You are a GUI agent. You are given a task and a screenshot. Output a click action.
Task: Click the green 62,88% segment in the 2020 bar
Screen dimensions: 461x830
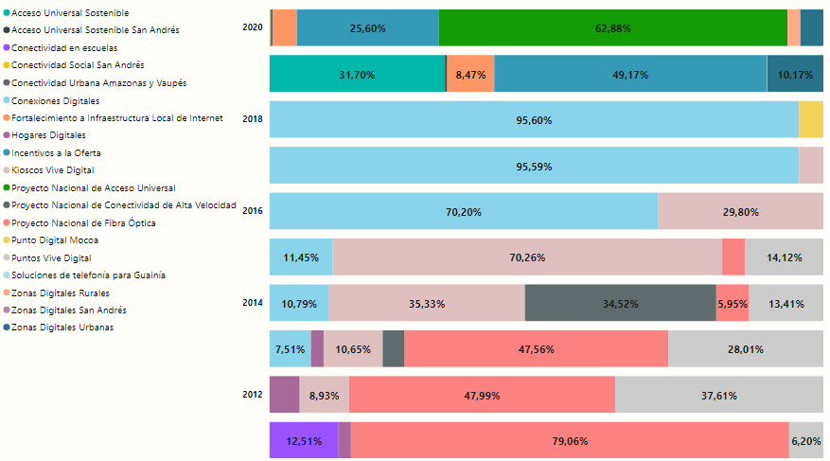612,28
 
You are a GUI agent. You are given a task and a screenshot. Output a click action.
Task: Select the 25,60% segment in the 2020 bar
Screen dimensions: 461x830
367,28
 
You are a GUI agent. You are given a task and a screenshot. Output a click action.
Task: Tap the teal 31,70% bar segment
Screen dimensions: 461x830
357,74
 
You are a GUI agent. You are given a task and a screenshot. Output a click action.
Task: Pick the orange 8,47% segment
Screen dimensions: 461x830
470,74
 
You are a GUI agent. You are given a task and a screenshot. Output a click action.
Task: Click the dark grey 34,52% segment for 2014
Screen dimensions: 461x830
620,304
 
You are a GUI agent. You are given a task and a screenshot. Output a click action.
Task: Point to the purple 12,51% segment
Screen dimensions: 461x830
304,441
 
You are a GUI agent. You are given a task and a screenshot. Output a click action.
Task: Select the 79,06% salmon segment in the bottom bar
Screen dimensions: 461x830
569,441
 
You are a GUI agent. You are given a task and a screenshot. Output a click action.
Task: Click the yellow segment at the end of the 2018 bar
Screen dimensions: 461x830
811,120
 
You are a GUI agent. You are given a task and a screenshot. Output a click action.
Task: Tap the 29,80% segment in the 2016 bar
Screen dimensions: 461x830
740,212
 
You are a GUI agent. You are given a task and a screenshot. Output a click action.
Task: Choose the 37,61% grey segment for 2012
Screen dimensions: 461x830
718,396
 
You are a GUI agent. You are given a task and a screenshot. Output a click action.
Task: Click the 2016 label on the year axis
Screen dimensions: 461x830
253,211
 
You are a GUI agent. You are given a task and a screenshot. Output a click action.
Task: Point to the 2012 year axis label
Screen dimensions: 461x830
253,394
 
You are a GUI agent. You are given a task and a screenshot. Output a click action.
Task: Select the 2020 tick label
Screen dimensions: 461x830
253,27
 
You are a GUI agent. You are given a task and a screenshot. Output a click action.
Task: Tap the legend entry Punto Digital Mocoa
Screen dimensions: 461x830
50,240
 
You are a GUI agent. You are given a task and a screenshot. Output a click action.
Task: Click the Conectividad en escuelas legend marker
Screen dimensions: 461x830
5,47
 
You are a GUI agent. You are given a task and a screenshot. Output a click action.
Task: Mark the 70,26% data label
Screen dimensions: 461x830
527,257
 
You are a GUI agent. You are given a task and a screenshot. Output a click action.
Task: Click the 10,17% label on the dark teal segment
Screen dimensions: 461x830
795,74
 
